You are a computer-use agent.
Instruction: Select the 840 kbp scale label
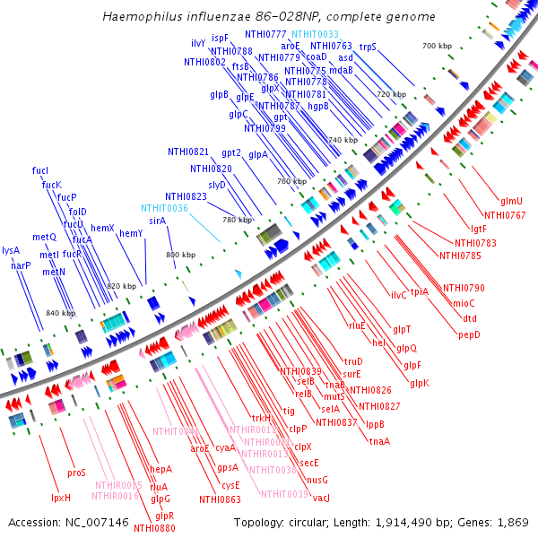point(60,313)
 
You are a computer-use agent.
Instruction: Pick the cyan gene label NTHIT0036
point(164,208)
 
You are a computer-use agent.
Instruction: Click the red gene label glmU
point(512,201)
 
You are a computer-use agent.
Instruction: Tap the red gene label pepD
point(469,335)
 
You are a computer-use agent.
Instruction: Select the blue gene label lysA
point(11,251)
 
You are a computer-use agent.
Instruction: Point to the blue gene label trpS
point(368,46)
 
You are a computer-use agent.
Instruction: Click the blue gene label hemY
point(131,234)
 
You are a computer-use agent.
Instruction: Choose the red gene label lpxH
point(60,498)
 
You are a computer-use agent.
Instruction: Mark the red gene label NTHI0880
point(154,528)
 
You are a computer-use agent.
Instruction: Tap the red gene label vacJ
point(321,498)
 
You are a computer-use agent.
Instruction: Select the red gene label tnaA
point(379,441)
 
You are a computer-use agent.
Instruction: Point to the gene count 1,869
point(513,522)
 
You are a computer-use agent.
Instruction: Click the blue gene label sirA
point(157,221)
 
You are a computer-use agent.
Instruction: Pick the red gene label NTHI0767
point(505,215)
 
